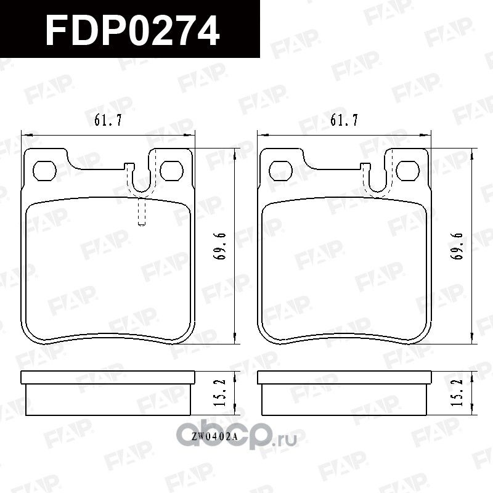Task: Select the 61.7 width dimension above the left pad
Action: click(x=107, y=121)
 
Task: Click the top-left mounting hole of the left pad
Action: click(x=44, y=169)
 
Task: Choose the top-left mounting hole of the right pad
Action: click(x=282, y=169)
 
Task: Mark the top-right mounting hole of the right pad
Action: click(x=407, y=169)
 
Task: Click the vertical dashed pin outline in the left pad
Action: click(x=141, y=213)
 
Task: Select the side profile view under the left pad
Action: click(x=108, y=394)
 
